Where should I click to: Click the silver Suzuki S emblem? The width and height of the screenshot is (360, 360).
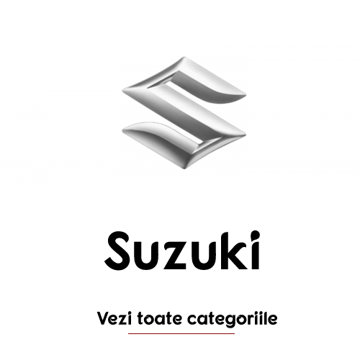coord(184,113)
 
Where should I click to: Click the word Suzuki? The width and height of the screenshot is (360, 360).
coord(182,251)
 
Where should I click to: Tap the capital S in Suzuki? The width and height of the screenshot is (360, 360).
coord(117,251)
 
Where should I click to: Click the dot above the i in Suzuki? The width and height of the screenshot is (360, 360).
coord(256,235)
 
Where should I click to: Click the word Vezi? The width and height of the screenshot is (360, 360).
coord(114,318)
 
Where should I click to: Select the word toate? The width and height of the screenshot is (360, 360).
coord(160,319)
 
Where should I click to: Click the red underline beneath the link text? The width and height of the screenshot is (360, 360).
coord(181,333)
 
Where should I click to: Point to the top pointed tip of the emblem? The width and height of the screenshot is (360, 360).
coord(184,57)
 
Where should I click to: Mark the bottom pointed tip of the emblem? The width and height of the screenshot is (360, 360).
coord(184,168)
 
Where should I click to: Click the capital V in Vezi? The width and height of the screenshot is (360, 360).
coord(103,318)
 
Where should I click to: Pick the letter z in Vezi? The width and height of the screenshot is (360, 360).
coord(122,320)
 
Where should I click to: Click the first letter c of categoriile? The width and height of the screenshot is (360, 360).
coord(192,320)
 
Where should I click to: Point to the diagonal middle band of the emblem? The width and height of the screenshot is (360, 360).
coord(184,113)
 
